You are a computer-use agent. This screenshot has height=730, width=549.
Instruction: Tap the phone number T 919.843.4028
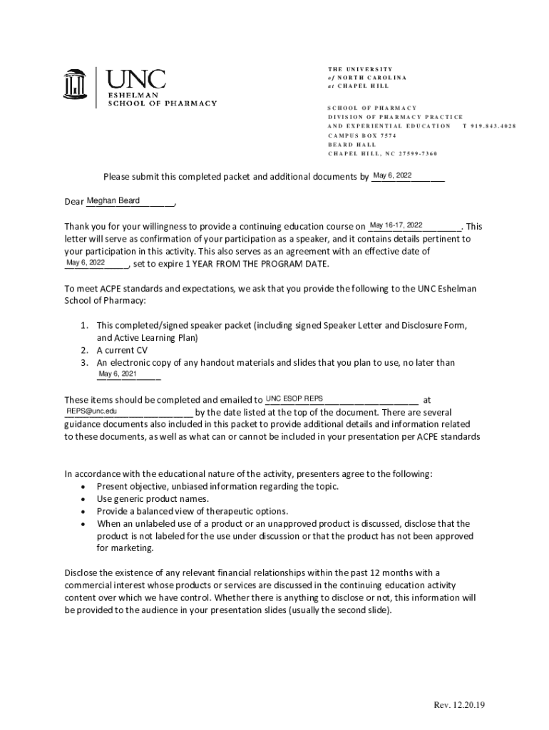(x=488, y=125)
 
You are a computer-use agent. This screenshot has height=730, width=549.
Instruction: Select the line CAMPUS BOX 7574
(x=361, y=135)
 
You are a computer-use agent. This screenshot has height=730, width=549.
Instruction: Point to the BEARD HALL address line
(x=352, y=144)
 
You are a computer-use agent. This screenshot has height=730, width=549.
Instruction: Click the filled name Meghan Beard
(x=113, y=201)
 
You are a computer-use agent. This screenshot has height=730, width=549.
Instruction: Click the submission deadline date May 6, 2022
(x=392, y=176)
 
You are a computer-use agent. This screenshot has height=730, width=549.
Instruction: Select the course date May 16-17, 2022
(x=396, y=225)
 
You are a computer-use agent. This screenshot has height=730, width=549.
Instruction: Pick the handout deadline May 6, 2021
(x=117, y=374)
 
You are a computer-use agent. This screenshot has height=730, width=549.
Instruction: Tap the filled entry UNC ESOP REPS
(x=294, y=398)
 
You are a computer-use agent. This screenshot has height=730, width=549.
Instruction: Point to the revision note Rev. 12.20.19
(x=459, y=706)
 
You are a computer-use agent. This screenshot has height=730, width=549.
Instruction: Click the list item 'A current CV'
(x=122, y=350)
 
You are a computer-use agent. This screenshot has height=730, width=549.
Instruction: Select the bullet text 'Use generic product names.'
(x=153, y=499)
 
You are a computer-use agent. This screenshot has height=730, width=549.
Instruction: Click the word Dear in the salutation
(x=74, y=202)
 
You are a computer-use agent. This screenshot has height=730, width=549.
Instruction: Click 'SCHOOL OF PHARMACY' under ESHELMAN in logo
(x=162, y=103)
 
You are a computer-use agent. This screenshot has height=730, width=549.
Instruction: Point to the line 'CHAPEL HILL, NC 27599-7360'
(x=382, y=153)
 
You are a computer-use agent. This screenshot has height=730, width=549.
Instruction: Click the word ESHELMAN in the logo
(x=133, y=94)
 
